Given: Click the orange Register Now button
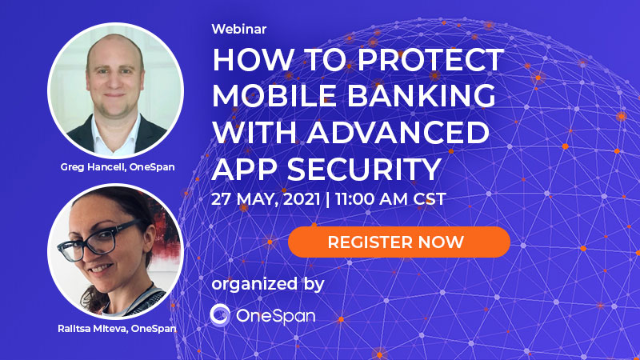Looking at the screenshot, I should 399,242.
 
